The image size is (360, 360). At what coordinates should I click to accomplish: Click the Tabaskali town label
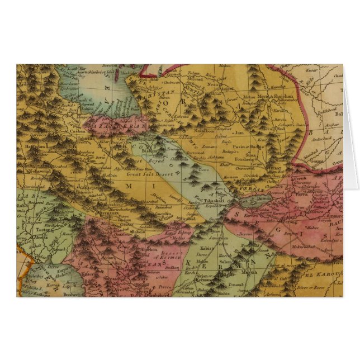tap(214, 200)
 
